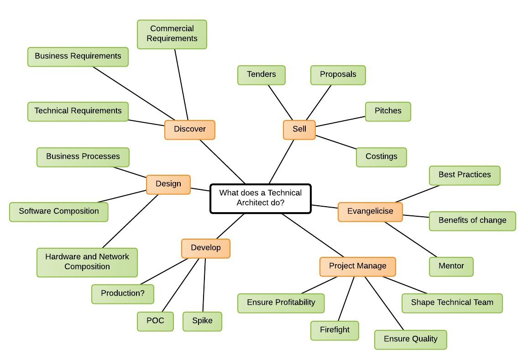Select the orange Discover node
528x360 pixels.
189,130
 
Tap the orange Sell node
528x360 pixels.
299,130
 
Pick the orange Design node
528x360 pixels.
168,184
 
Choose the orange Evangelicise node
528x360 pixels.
370,212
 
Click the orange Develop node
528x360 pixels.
205,248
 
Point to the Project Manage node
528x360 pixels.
357,266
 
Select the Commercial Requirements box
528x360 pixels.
172,34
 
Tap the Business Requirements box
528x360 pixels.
78,57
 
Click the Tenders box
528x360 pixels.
261,75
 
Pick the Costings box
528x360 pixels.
381,157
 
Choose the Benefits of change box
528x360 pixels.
472,221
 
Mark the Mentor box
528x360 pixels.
451,266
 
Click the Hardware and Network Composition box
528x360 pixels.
87,262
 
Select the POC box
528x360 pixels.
155,321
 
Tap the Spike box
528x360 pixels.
202,321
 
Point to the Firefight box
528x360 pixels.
335,330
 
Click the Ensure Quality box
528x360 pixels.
410,339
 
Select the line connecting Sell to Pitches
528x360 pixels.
340,121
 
